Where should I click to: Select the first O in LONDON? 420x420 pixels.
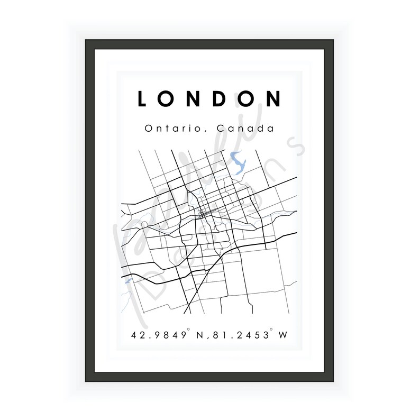point(167,99)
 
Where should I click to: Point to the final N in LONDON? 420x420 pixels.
point(273,99)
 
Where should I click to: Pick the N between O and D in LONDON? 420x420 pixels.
point(194,99)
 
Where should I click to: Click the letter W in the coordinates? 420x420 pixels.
point(283,335)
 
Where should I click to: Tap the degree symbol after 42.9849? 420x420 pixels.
point(188,331)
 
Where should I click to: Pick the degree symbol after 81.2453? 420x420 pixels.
point(271,331)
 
